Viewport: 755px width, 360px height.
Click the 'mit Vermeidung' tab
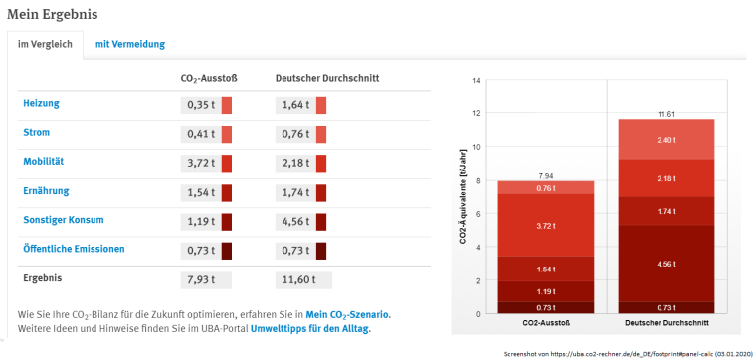pyautogui.click(x=130, y=44)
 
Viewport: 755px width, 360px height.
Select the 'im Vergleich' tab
pyautogui.click(x=45, y=44)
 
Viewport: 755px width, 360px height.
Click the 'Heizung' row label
pyautogui.click(x=40, y=103)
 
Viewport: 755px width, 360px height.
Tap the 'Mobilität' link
pyautogui.click(x=44, y=161)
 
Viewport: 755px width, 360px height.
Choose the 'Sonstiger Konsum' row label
pyautogui.click(x=63, y=220)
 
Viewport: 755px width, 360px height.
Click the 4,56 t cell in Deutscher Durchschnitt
pyautogui.click(x=294, y=221)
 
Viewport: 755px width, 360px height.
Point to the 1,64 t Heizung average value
pyautogui.click(x=294, y=104)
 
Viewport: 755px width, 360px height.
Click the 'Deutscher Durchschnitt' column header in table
pyautogui.click(x=326, y=77)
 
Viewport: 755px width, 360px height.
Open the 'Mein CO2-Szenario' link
pyautogui.click(x=348, y=314)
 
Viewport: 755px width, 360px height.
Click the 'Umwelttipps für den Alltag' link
pyautogui.click(x=310, y=328)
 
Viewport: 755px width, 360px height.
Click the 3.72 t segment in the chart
pyautogui.click(x=545, y=225)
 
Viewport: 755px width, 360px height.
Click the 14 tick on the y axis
pyautogui.click(x=476, y=80)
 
